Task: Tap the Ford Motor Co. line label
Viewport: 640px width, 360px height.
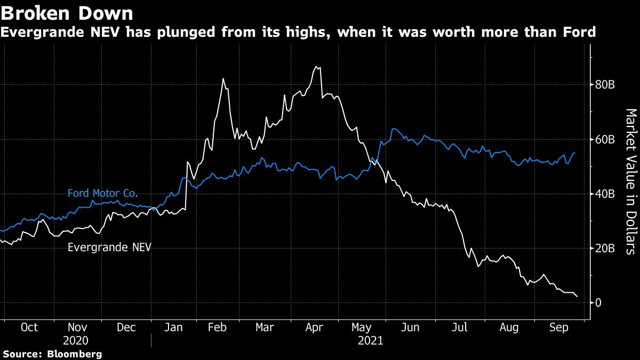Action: (103, 193)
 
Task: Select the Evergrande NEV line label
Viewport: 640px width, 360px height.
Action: (109, 247)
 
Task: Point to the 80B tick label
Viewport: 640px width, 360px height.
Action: (606, 85)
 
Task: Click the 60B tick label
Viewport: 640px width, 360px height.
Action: (606, 139)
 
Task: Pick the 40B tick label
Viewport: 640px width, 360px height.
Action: (606, 194)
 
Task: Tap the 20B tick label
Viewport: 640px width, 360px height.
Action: (606, 248)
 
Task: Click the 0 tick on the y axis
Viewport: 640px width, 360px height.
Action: (599, 302)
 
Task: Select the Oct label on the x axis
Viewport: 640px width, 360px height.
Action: (29, 327)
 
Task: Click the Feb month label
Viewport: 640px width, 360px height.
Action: (218, 327)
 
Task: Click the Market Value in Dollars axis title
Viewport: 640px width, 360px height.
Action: (630, 181)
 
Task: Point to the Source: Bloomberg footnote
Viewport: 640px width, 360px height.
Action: (52, 354)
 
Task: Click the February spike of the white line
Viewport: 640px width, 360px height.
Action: (223, 79)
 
